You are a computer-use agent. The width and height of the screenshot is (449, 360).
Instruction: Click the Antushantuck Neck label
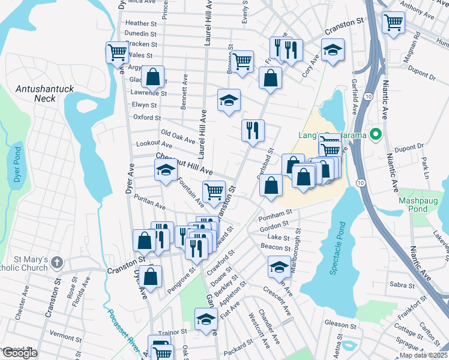pyautogui.click(x=45, y=94)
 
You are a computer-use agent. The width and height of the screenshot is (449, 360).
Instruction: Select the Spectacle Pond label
pyautogui.click(x=339, y=248)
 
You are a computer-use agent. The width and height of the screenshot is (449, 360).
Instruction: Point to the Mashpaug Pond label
pyautogui.click(x=421, y=205)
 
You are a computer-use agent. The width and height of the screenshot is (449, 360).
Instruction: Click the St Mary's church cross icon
pyautogui.click(x=56, y=262)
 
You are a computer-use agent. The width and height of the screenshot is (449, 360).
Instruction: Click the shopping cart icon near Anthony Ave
pyautogui.click(x=393, y=23)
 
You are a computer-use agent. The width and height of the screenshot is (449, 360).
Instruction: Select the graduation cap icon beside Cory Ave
pyautogui.click(x=332, y=50)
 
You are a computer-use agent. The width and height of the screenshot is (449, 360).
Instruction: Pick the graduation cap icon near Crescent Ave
pyautogui.click(x=279, y=265)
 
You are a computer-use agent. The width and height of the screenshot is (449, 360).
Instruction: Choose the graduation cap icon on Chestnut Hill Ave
pyautogui.click(x=166, y=170)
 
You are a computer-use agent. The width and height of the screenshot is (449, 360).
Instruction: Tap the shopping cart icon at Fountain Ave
pyautogui.click(x=214, y=191)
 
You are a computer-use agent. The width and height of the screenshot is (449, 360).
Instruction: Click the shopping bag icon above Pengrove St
pyautogui.click(x=152, y=277)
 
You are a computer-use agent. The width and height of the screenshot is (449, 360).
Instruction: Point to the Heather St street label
pyautogui.click(x=141, y=23)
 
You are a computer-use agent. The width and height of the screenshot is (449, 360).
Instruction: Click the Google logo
pyautogui.click(x=19, y=353)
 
